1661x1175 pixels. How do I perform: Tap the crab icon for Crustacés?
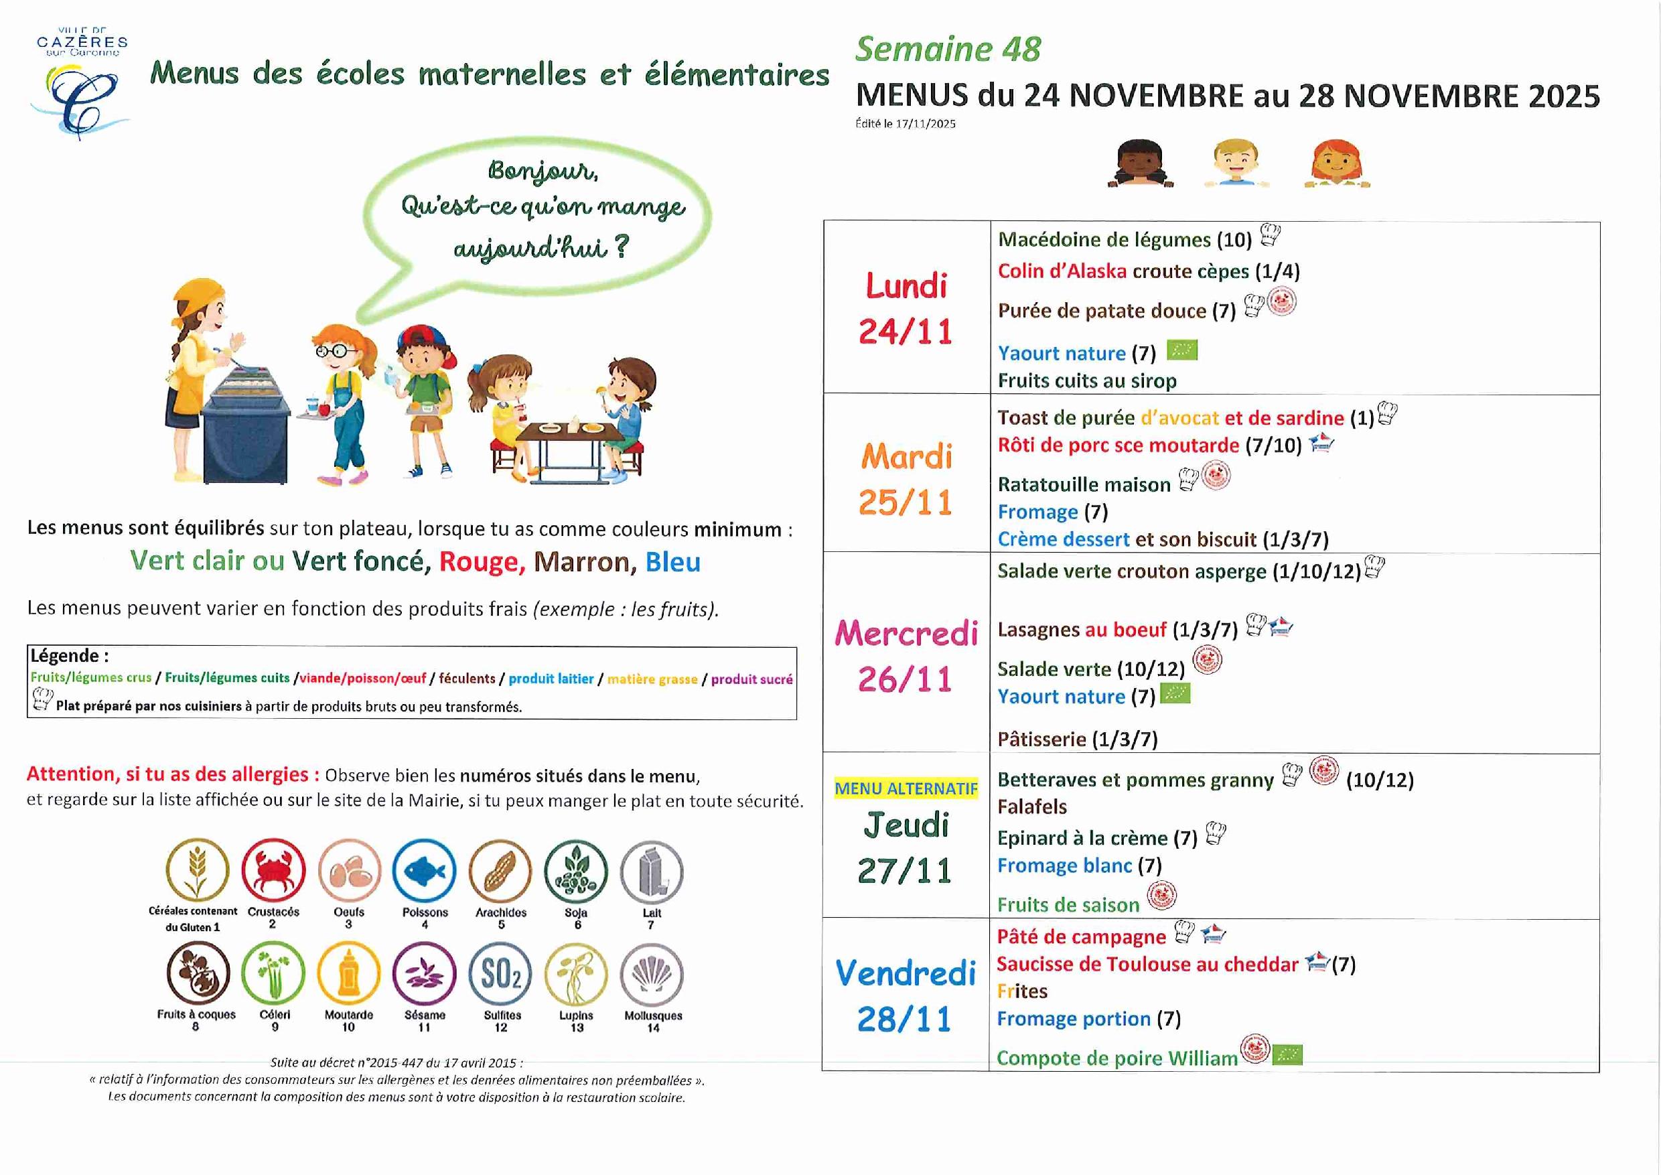[x=273, y=870]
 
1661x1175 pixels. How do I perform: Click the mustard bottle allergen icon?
[x=349, y=974]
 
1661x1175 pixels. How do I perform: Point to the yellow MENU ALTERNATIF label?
[x=906, y=788]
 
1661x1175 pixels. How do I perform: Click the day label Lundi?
[x=906, y=286]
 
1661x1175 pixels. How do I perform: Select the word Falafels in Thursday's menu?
[x=1031, y=807]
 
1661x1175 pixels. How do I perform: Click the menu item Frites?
[x=1021, y=991]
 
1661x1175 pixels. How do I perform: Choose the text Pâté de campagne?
[x=1081, y=937]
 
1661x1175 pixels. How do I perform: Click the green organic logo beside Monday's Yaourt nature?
[x=1181, y=351]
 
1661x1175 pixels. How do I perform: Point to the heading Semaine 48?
[x=948, y=49]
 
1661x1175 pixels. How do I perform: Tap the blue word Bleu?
[x=673, y=562]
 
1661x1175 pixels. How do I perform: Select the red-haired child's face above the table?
[x=1336, y=163]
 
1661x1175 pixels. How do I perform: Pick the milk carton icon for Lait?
[x=652, y=872]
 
